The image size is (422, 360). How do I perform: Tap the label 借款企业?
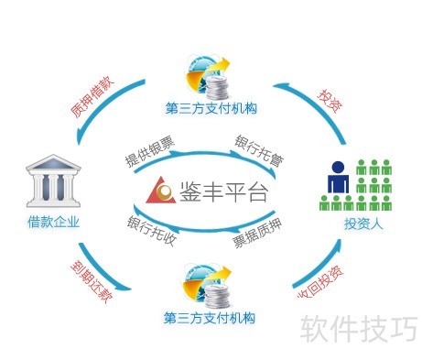click(x=53, y=222)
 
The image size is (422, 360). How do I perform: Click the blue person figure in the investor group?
click(x=338, y=184)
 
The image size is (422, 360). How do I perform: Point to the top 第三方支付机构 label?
click(x=211, y=109)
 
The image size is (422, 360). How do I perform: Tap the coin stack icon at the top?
click(x=217, y=87)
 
